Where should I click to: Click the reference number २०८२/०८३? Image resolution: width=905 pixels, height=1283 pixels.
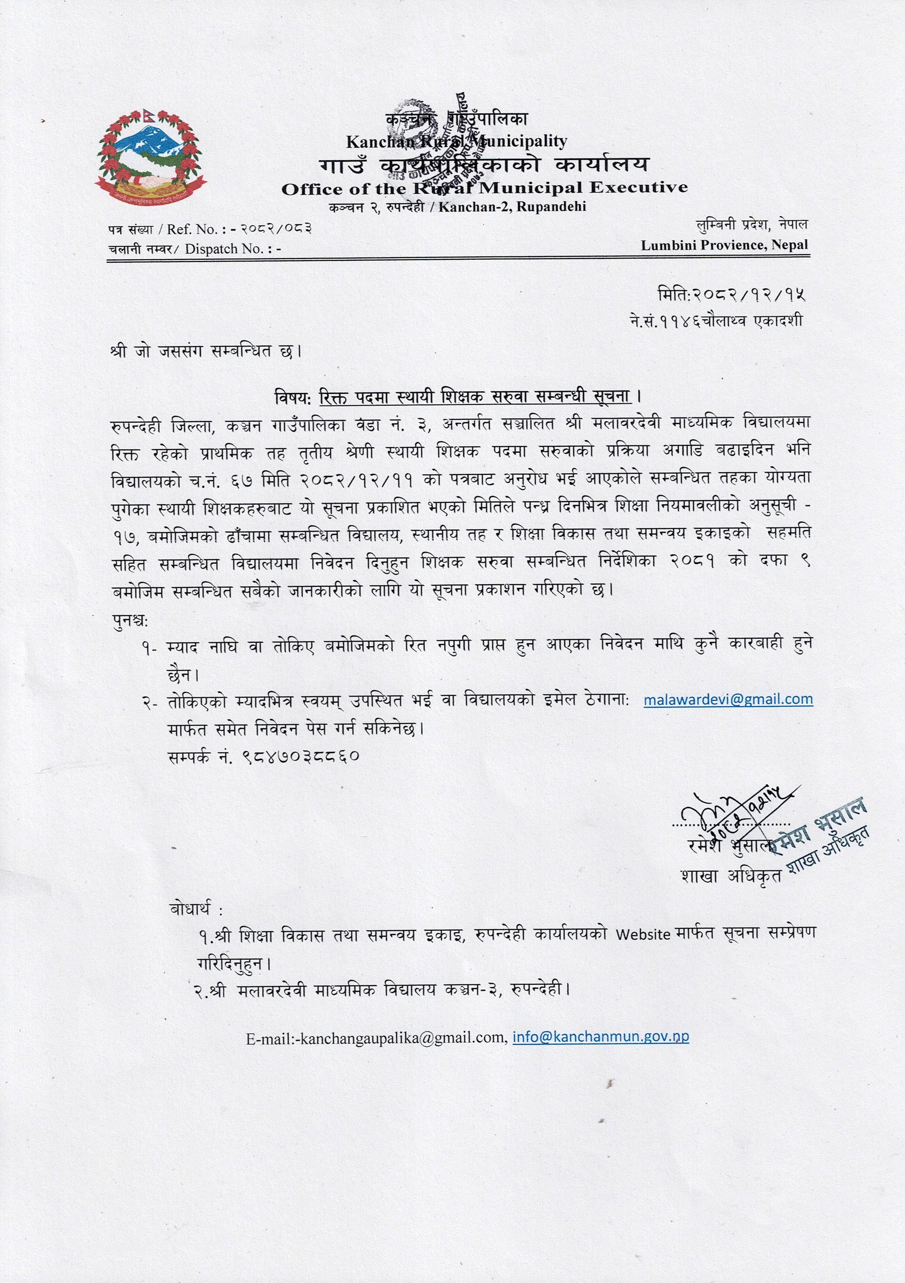point(276,228)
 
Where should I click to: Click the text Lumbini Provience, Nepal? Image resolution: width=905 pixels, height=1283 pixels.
point(724,245)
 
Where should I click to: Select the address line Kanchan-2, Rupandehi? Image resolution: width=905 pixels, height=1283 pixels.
point(512,207)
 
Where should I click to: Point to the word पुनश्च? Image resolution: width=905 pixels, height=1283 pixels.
point(130,621)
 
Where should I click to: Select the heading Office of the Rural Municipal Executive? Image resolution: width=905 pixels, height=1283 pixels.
point(485,188)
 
